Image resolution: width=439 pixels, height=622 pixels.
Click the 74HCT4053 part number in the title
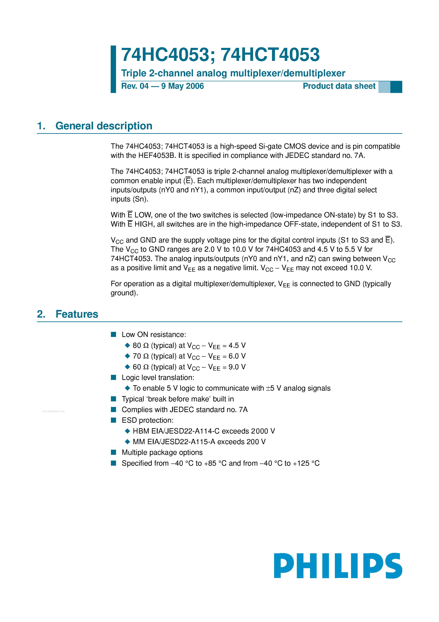point(270,55)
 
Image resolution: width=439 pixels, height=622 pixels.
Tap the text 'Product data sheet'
point(339,86)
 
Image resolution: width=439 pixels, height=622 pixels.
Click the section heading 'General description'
point(104,126)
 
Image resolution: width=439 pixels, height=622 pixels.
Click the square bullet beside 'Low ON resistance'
point(113,335)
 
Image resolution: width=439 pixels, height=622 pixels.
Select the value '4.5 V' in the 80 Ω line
point(237,345)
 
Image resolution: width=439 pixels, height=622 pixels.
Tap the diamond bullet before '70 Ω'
point(127,356)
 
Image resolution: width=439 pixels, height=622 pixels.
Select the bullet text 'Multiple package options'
point(162,452)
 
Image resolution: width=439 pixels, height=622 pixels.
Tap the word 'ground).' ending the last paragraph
point(124,293)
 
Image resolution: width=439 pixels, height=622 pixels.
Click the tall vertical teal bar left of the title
point(113,69)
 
